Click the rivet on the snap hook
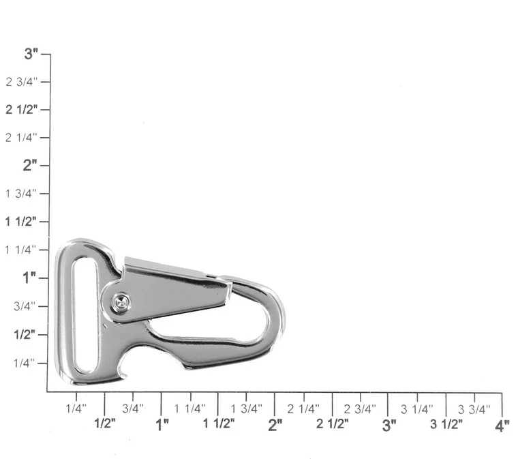click(121, 302)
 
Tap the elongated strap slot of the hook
click(86, 316)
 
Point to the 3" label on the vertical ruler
click(31, 53)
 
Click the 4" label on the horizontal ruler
click(502, 426)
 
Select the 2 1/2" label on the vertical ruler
click(22, 109)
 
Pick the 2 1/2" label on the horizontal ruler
click(333, 424)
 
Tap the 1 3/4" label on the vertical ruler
click(21, 193)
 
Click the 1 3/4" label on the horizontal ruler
click(247, 409)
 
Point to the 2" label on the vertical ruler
click(30, 165)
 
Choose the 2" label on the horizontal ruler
click(275, 425)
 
